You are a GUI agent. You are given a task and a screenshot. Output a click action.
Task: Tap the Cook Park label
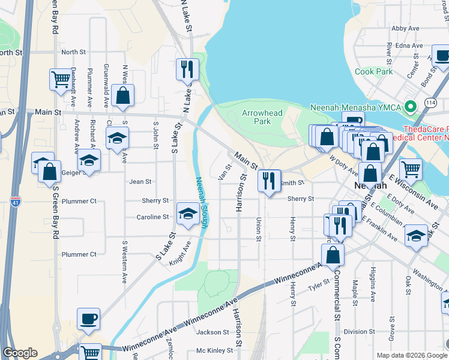(x=373, y=71)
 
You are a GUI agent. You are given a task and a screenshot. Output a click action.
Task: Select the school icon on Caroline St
(x=187, y=214)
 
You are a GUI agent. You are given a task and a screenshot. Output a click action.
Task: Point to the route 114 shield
(x=430, y=103)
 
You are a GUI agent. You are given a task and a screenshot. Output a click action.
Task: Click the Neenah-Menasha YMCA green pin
(x=411, y=107)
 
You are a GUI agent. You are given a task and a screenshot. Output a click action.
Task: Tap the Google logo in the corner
(x=20, y=353)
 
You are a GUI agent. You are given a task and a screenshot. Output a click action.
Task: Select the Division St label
(x=360, y=332)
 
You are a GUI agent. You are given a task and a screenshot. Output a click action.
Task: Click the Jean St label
(x=140, y=181)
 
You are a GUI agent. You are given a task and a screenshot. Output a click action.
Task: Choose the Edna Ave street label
(x=409, y=46)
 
